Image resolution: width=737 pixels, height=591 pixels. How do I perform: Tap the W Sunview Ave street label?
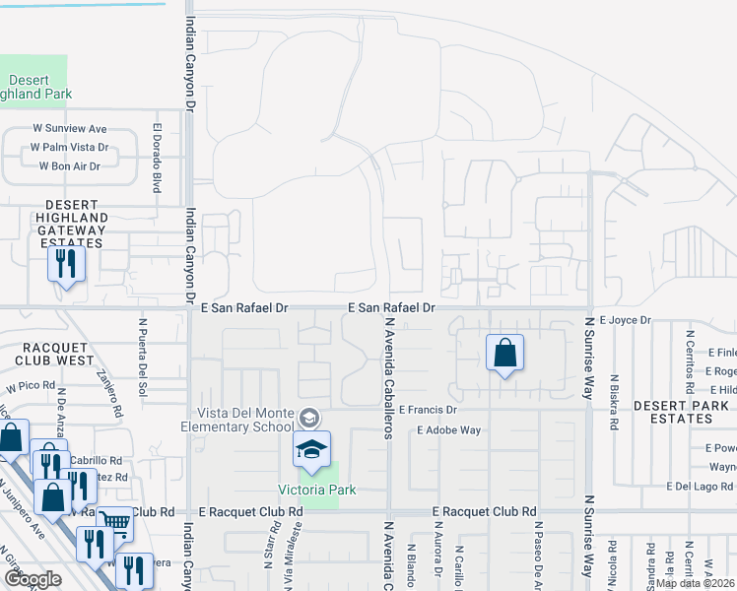coord(69,129)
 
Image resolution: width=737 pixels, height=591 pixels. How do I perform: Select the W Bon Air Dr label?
coord(69,166)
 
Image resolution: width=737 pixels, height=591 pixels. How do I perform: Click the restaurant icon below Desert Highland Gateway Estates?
coord(66,264)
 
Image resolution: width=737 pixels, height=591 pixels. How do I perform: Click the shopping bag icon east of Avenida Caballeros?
coord(504,354)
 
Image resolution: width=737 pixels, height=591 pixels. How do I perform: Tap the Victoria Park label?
coord(315,490)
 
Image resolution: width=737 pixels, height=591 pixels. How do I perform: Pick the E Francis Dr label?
coord(429,408)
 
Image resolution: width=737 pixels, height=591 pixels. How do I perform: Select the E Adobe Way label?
coord(448,430)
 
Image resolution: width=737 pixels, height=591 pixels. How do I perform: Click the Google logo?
coord(33,579)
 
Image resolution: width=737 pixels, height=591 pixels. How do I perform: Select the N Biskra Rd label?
coord(614,403)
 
